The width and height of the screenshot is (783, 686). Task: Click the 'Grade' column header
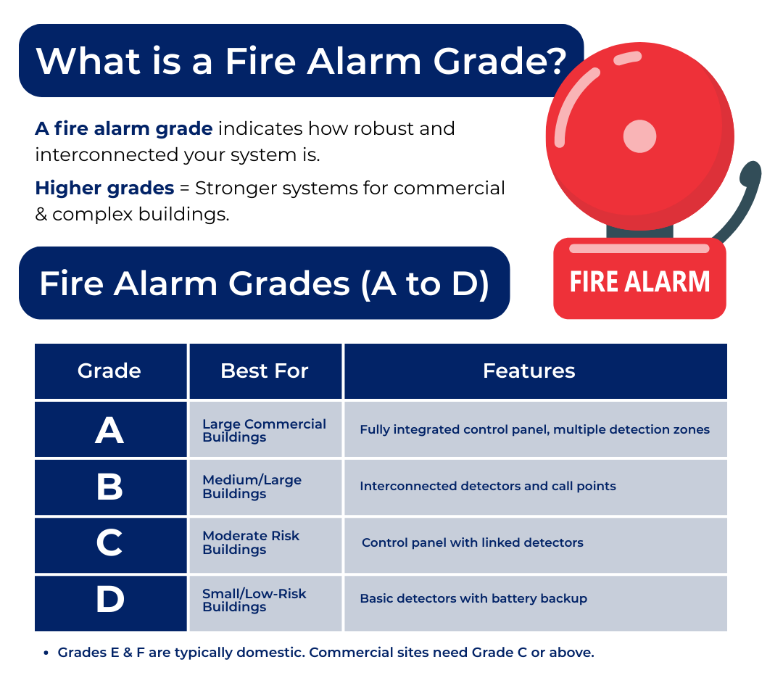tap(110, 371)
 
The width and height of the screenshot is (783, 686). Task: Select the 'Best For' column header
tap(265, 371)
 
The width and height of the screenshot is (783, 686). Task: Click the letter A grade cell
tap(110, 430)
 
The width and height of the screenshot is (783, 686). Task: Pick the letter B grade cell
tap(110, 487)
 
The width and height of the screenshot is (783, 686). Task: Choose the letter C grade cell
tap(110, 543)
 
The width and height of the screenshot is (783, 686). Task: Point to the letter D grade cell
tap(110, 600)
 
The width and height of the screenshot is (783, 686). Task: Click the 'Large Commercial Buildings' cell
tap(265, 430)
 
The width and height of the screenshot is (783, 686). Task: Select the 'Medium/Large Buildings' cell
tap(265, 487)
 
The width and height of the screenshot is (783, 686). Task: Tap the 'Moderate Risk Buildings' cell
tap(265, 543)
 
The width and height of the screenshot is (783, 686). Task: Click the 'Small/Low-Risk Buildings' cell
tap(265, 600)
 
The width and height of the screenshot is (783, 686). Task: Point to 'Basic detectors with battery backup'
tap(473, 598)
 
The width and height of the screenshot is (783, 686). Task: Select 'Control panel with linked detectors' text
tap(473, 542)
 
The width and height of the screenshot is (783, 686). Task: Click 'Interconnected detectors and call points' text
tap(488, 486)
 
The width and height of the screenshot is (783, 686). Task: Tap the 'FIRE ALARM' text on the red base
tap(639, 282)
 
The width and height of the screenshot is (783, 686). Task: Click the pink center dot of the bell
tap(639, 136)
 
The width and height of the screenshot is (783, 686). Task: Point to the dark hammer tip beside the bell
tap(750, 173)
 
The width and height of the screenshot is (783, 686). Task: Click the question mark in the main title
tap(555, 61)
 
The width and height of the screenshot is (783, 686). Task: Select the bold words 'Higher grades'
tap(104, 189)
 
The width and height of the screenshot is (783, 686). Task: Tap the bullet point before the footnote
tap(46, 653)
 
